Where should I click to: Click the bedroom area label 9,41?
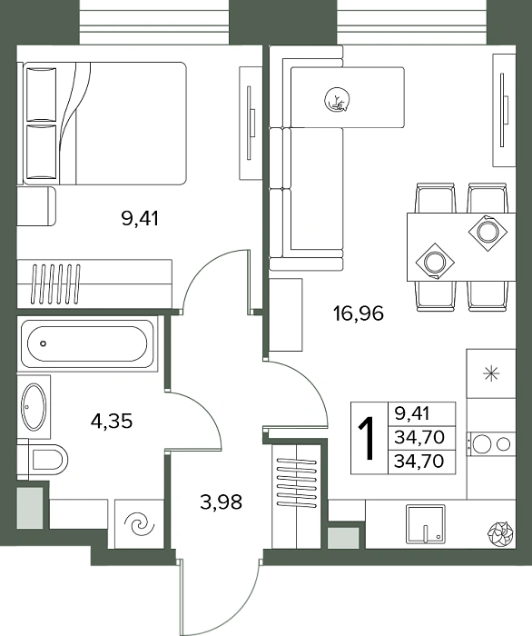tap(140, 219)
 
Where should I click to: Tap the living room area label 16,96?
tap(359, 313)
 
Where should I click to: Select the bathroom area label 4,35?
tap(112, 422)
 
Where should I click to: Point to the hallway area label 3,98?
tap(221, 502)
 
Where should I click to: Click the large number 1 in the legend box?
tap(369, 439)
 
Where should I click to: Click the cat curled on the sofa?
tap(338, 100)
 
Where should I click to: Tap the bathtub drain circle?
tap(44, 343)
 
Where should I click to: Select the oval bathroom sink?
tap(34, 407)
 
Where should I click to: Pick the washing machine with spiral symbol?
tap(139, 524)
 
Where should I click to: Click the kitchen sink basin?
tap(426, 523)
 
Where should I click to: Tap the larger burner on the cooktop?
tap(482, 444)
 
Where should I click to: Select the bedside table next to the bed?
tap(36, 206)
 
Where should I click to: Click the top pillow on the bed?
tap(41, 94)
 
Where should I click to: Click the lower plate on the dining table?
tap(435, 262)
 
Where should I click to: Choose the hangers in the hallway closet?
tap(297, 482)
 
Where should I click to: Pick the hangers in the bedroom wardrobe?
tap(56, 283)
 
